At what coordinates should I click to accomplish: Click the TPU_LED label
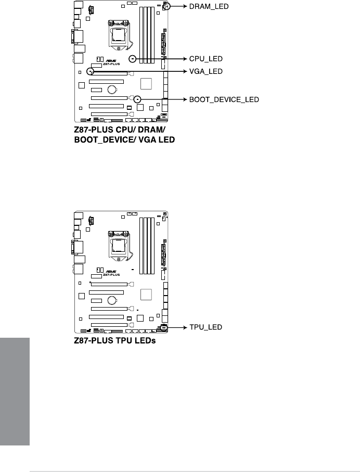tap(204, 327)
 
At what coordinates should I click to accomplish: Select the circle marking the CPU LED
tap(133, 59)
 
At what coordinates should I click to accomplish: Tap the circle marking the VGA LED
tap(91, 71)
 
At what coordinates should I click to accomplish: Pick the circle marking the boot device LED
tap(137, 99)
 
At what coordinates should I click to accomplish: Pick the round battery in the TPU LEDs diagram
tap(112, 300)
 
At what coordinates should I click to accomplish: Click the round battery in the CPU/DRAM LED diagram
tap(112, 90)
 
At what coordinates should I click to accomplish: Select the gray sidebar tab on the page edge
tap(15, 391)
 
